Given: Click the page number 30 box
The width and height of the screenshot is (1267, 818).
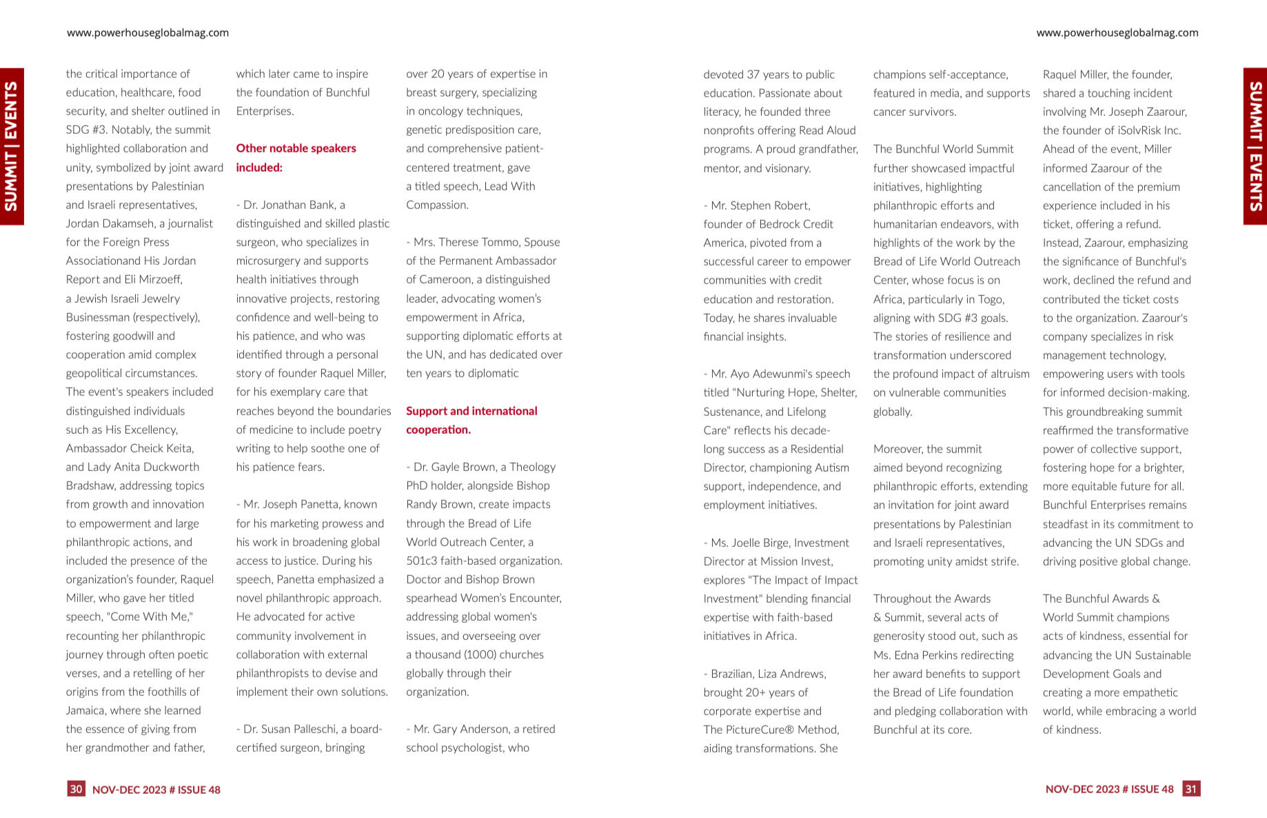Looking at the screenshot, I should point(76,789).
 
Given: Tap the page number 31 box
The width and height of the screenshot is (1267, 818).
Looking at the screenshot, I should point(1190,789).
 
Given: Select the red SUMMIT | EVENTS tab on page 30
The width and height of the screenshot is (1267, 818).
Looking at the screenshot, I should point(12,146).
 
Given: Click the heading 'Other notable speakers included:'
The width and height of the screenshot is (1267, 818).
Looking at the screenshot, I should point(296,158).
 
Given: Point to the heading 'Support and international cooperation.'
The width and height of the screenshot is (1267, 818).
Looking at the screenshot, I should point(472,420).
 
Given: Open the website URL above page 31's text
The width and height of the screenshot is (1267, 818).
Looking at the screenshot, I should point(1117,32).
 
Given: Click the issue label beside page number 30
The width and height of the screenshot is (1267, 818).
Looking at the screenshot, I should point(156,790).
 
